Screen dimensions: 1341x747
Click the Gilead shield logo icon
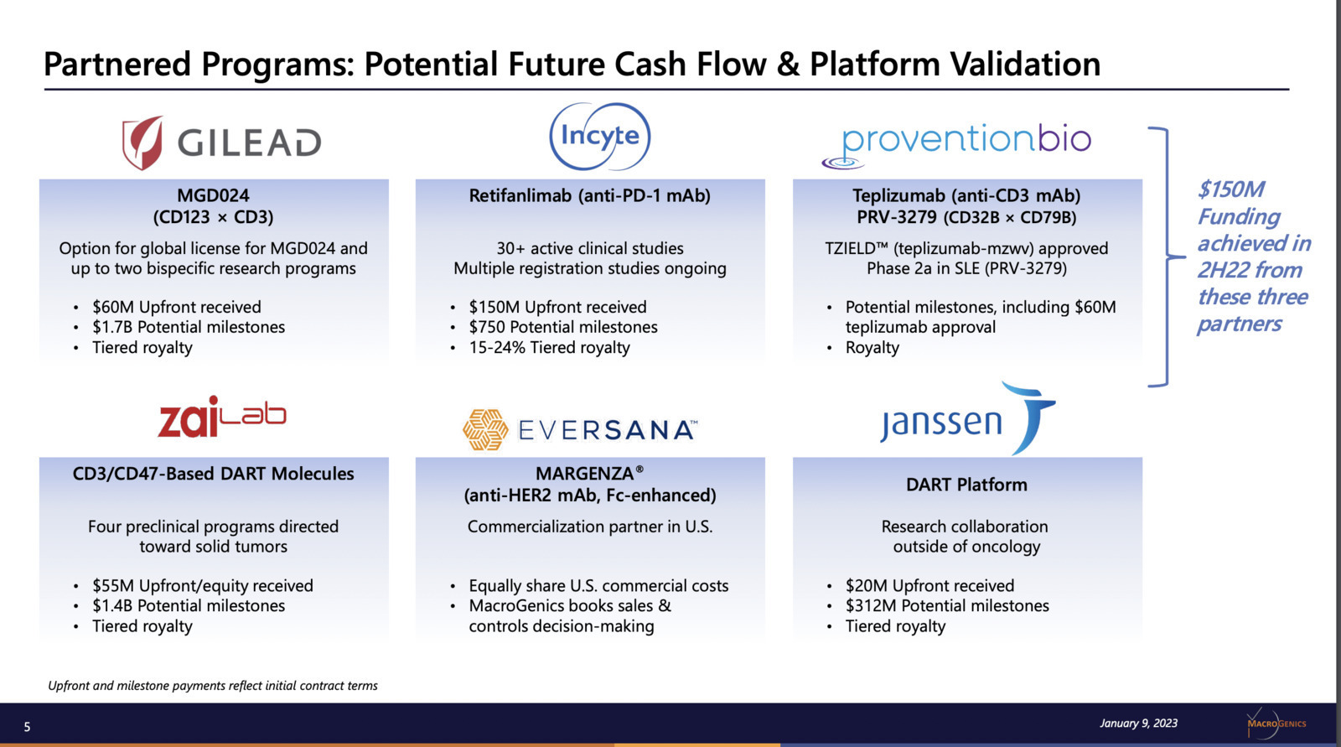click(x=142, y=143)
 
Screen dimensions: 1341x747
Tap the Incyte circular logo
click(x=600, y=136)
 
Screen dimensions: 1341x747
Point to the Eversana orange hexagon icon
click(x=485, y=429)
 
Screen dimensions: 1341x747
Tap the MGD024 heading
click(x=213, y=195)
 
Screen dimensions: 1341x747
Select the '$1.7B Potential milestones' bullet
click(x=189, y=327)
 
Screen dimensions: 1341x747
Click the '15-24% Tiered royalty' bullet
click(x=549, y=347)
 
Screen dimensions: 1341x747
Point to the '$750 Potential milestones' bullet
click(x=562, y=327)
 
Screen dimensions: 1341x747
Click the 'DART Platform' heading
click(x=966, y=485)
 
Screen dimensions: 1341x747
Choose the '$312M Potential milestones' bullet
click(x=947, y=605)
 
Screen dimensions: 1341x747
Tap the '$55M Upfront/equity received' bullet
click(x=202, y=585)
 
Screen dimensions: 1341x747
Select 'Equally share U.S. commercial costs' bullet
click(x=598, y=585)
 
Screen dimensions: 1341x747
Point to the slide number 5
click(x=27, y=727)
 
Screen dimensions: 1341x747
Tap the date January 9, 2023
click(x=1138, y=723)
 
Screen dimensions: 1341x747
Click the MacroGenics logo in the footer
click(x=1275, y=723)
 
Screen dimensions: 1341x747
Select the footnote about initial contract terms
click(x=213, y=685)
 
